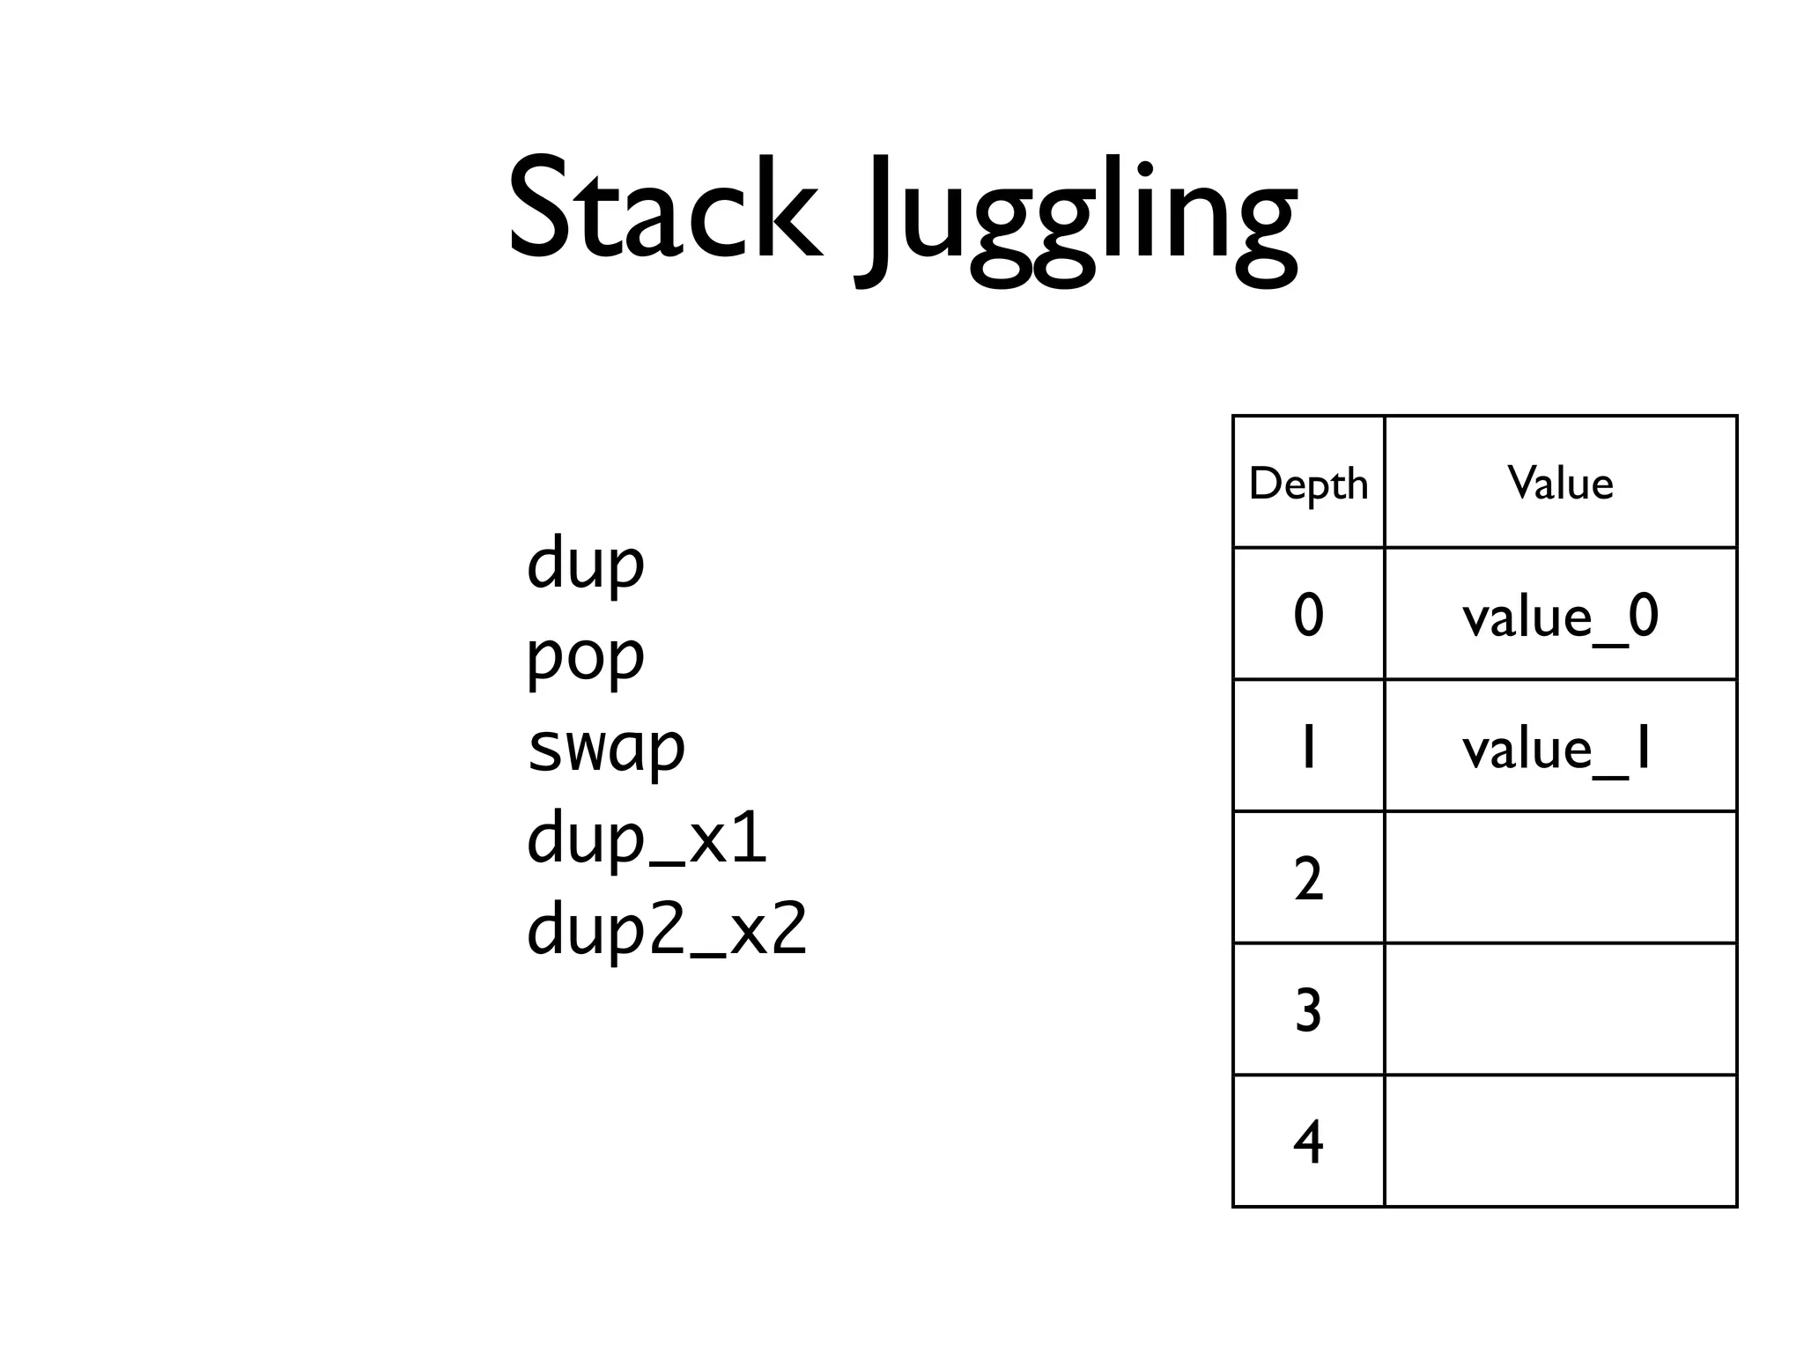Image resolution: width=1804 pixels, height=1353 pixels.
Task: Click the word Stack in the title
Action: (x=665, y=210)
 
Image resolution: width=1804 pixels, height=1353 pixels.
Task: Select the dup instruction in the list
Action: (x=586, y=565)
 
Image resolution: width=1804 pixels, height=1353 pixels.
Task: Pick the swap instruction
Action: (x=606, y=748)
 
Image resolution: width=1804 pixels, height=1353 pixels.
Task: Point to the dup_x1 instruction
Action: (x=647, y=839)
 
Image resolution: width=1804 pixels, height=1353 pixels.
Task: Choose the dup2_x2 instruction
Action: (x=667, y=930)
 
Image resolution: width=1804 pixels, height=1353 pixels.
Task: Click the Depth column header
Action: (x=1308, y=483)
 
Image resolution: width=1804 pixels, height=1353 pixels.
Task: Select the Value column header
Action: (x=1560, y=483)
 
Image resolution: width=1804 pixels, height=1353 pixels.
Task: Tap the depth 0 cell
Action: (x=1308, y=614)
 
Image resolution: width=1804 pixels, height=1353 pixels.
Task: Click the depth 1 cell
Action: (x=1308, y=746)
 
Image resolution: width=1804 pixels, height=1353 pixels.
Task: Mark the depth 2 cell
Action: (x=1308, y=878)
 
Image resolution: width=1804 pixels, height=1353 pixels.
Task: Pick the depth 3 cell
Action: (x=1308, y=1009)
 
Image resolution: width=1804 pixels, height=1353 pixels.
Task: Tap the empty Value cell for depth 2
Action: (x=1560, y=878)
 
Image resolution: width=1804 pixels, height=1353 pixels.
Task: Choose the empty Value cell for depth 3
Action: (x=1560, y=1009)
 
